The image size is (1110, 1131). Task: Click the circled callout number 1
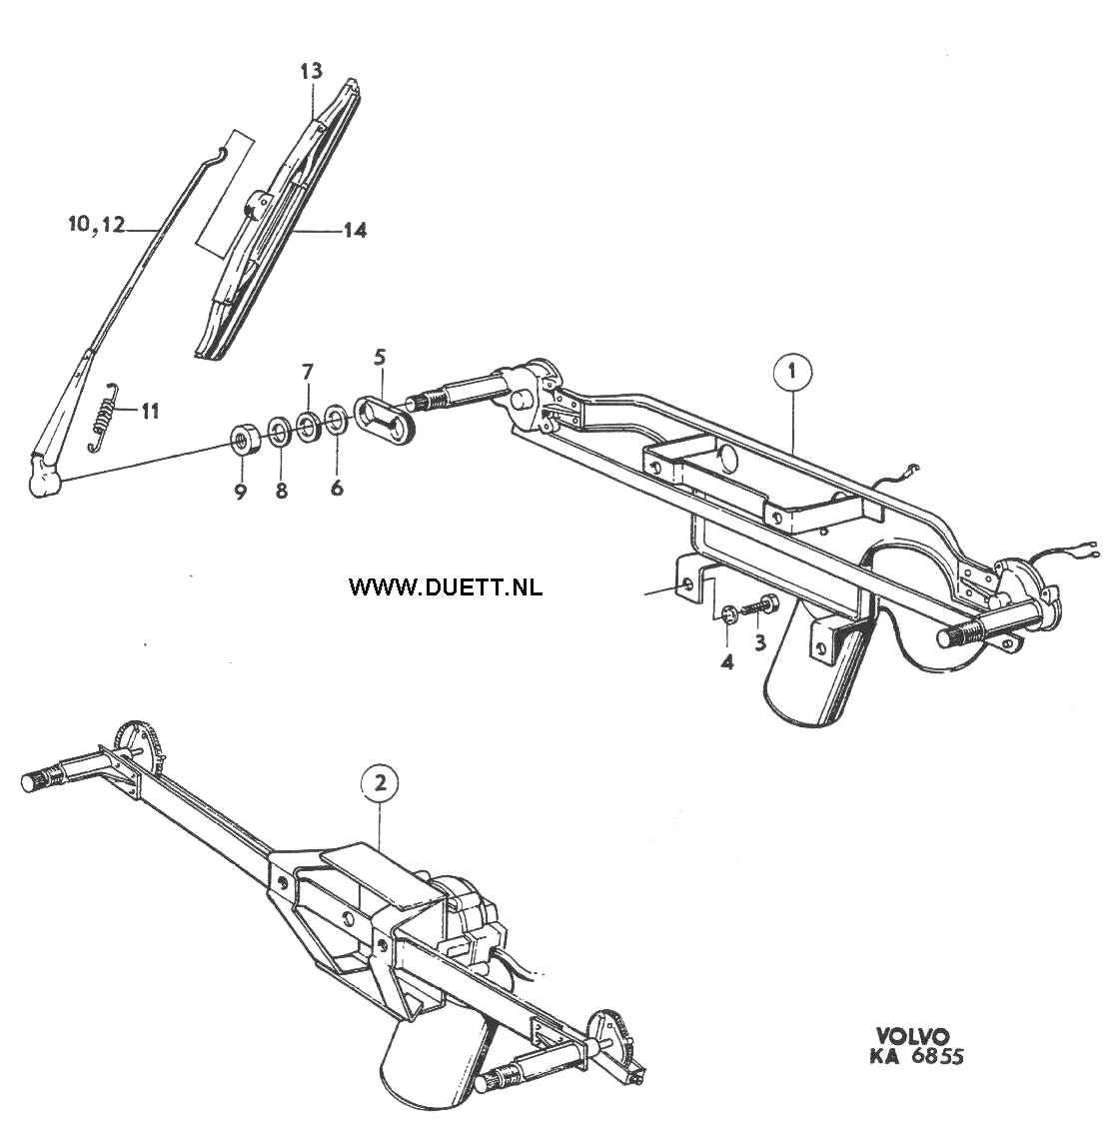click(x=792, y=373)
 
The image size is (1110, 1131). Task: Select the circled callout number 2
click(x=381, y=782)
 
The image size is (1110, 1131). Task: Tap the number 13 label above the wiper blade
click(x=312, y=71)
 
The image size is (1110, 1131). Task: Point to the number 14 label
click(x=355, y=230)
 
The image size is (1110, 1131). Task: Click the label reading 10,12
click(x=97, y=225)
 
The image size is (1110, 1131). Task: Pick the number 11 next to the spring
click(x=149, y=412)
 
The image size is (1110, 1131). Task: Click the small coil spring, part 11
click(x=103, y=417)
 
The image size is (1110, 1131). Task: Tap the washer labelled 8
click(x=278, y=431)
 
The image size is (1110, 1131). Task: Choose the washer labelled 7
click(x=308, y=426)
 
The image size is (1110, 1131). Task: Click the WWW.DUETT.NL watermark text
click(x=446, y=587)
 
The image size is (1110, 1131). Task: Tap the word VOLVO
click(x=913, y=1036)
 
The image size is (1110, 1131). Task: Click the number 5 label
click(x=380, y=357)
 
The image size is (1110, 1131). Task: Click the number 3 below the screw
click(x=760, y=642)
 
